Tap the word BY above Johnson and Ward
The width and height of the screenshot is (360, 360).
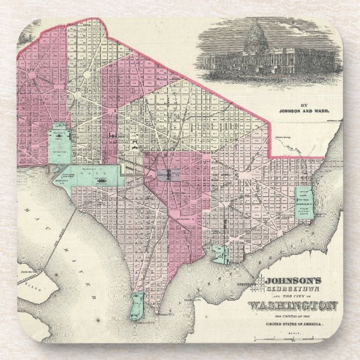click(x=304, y=104)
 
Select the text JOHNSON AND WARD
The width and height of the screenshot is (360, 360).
click(x=304, y=110)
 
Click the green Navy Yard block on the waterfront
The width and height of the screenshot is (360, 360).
click(x=219, y=253)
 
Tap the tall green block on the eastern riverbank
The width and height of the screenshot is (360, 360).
click(x=304, y=207)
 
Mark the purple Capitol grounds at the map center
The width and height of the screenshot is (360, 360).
click(x=167, y=174)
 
